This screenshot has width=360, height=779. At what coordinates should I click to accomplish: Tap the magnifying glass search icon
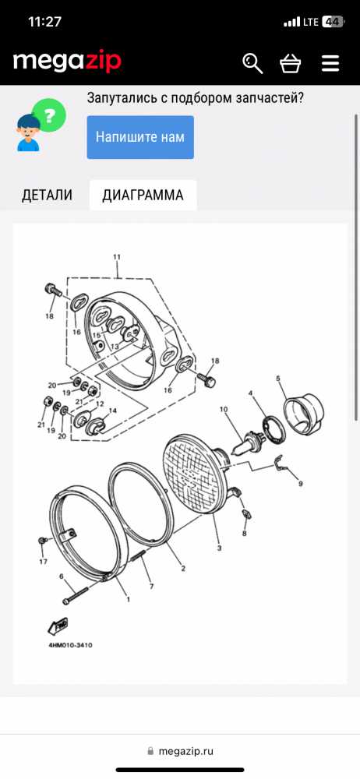pos(252,64)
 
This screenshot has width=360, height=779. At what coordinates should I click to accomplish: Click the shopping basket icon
pos(291,64)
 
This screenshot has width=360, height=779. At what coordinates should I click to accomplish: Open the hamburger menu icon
pos(330,64)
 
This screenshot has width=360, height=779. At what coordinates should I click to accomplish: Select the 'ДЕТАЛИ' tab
pos(47,196)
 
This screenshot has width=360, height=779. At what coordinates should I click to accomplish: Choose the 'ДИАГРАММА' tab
pos(143,196)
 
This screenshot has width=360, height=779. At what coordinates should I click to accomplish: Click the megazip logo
pos(67,62)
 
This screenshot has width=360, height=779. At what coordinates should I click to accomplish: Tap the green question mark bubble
pos(49,115)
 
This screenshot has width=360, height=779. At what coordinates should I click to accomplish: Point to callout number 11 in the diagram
pos(117,257)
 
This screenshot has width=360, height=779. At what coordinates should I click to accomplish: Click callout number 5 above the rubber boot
pos(278,379)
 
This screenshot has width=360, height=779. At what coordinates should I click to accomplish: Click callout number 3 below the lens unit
pos(219,548)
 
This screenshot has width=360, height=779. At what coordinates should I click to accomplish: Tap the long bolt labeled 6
pos(75,594)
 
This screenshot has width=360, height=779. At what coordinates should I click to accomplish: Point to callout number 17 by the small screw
pos(44,562)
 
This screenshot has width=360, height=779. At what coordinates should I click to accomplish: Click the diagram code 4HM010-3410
pos(70,645)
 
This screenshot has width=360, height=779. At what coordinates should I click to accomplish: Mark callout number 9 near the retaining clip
pos(300,484)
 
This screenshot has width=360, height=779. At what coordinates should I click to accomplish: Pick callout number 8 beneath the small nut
pos(244,534)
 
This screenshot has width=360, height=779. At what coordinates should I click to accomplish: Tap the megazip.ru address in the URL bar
pos(186,751)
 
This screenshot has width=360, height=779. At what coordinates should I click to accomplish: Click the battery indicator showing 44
pos(333,22)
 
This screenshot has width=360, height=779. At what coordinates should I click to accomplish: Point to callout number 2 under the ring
pos(183,569)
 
